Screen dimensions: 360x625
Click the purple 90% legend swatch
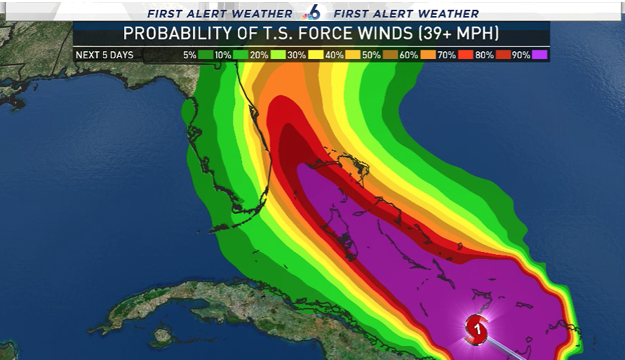539,55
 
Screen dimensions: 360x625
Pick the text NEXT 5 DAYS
105,55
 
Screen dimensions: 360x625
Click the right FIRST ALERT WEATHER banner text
406,13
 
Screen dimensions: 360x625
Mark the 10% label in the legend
222,55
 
